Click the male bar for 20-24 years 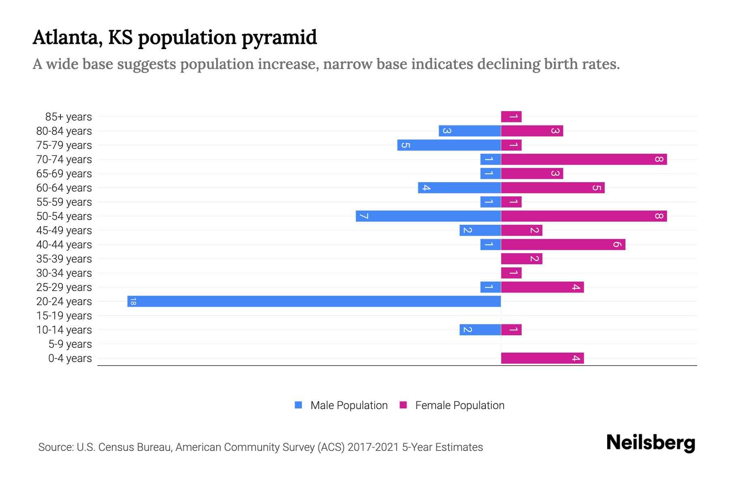tap(314, 302)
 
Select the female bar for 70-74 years tap(584, 159)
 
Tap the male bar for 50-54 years tap(428, 216)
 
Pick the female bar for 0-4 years tap(542, 358)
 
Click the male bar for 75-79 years tap(449, 145)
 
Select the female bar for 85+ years tap(511, 117)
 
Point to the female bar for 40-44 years tap(563, 245)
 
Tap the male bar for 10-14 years tap(480, 330)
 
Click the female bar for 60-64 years tap(552, 188)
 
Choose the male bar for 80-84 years tap(470, 131)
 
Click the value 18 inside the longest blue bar tap(133, 302)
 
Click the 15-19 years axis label tap(64, 316)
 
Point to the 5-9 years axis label tap(70, 344)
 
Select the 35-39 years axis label tap(64, 259)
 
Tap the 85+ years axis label tap(68, 117)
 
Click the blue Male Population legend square tap(298, 405)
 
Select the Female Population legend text tap(459, 405)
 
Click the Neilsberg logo tap(651, 442)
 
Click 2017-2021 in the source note tap(373, 447)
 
